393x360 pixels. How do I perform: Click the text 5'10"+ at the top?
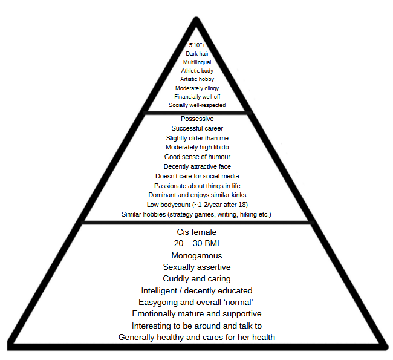tap(197, 45)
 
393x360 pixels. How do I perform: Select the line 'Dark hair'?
tap(197, 53)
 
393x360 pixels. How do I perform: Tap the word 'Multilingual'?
tap(197, 62)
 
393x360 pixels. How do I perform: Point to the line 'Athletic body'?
tap(197, 71)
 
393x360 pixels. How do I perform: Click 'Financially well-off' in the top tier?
tap(197, 96)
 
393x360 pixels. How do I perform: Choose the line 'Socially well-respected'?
tap(197, 105)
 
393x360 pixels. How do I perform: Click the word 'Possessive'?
tap(197, 119)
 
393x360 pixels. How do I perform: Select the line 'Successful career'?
tap(197, 128)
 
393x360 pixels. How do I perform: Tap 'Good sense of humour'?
tap(197, 157)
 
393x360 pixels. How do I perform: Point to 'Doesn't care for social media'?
tap(197, 176)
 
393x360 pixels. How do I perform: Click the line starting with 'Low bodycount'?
tap(197, 205)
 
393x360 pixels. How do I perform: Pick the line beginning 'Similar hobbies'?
tap(197, 214)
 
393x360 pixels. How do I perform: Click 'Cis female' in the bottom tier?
tap(197, 232)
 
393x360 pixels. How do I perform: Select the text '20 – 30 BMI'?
tap(197, 244)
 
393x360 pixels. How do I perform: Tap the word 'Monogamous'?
tap(197, 255)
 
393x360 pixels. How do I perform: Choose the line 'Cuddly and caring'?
tap(197, 279)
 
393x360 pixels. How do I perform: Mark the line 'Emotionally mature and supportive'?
tap(197, 314)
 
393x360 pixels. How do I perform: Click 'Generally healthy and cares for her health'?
tap(197, 337)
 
